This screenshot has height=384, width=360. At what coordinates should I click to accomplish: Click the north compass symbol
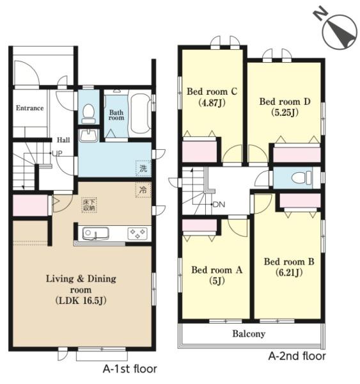(338, 31)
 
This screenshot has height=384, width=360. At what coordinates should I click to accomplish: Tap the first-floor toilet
(88, 114)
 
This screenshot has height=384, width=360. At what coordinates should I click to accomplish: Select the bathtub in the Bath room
(140, 113)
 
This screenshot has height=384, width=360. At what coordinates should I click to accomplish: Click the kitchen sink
(95, 234)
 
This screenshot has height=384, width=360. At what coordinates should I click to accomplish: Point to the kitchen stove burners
(137, 234)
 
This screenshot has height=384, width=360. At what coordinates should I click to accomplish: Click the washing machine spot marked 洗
(143, 168)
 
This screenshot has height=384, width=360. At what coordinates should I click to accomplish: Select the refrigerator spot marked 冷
(143, 190)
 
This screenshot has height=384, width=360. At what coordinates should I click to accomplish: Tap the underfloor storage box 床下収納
(90, 205)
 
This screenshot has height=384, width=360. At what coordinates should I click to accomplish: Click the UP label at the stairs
(58, 154)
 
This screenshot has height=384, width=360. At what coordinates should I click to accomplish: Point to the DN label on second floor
(219, 204)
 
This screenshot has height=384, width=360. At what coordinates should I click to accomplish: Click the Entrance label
(29, 108)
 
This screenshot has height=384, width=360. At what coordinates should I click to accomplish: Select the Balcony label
(249, 333)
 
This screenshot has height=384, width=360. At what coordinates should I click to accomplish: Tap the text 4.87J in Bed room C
(212, 102)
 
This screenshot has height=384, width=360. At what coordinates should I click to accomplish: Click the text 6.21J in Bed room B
(289, 273)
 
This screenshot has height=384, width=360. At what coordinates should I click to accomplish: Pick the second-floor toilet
(302, 177)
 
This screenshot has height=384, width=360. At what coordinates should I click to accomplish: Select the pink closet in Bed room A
(200, 225)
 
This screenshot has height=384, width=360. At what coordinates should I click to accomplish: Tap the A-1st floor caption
(130, 369)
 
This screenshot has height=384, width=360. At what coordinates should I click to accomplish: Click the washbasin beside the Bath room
(88, 136)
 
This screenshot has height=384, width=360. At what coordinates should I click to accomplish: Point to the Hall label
(63, 140)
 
